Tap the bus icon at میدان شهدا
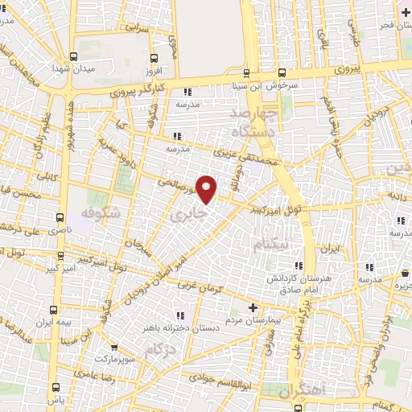click(74, 56)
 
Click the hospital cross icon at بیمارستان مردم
click(253, 308)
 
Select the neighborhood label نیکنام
click(269, 246)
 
